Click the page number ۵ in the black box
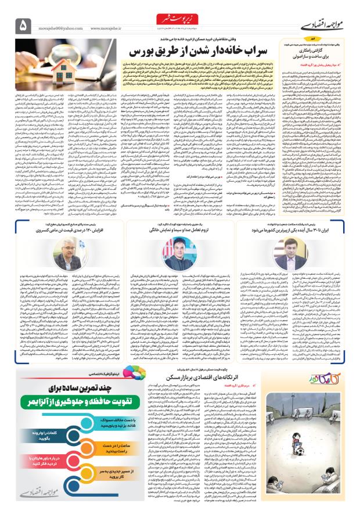click(24, 24)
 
